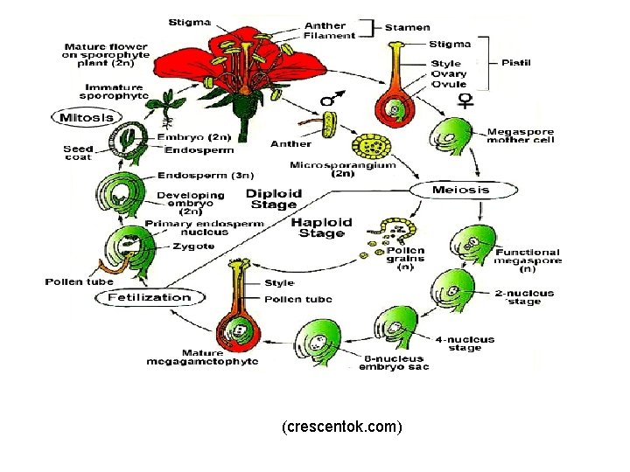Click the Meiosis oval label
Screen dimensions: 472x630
[461, 189]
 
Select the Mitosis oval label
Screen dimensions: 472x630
[85, 116]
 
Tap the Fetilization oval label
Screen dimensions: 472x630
[149, 297]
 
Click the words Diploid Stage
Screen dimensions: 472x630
[274, 199]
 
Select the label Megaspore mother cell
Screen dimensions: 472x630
[521, 135]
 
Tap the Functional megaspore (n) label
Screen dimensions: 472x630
[528, 258]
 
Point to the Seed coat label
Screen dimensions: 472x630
[79, 152]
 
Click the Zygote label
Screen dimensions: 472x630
[192, 246]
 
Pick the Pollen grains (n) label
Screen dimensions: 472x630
[405, 259]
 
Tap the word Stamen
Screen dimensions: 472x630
[408, 28]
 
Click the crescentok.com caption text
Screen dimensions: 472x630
[342, 427]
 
